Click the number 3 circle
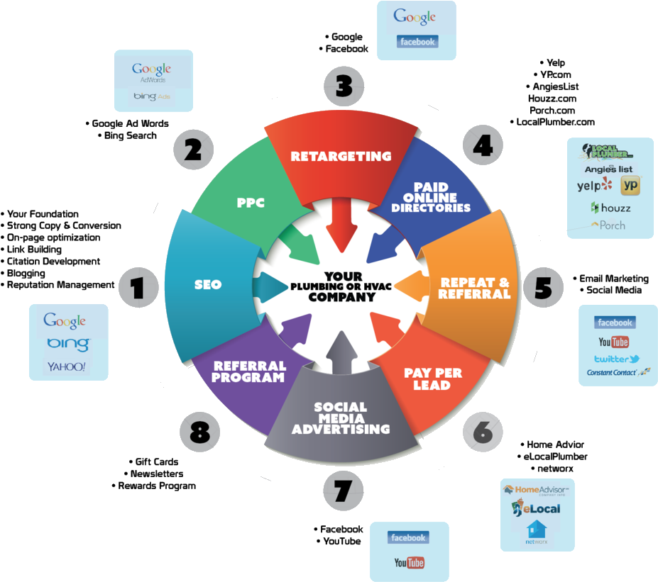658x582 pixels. tap(344, 86)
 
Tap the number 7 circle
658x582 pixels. tap(344, 489)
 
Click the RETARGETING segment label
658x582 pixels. tap(341, 156)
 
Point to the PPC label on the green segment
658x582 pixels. tap(251, 203)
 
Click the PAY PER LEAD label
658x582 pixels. tap(432, 379)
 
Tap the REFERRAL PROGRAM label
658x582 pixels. tap(250, 371)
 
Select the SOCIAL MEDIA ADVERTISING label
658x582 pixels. tap(341, 418)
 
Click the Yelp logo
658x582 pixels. tap(594, 186)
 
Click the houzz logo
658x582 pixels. tap(610, 208)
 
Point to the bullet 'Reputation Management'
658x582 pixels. tap(61, 285)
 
